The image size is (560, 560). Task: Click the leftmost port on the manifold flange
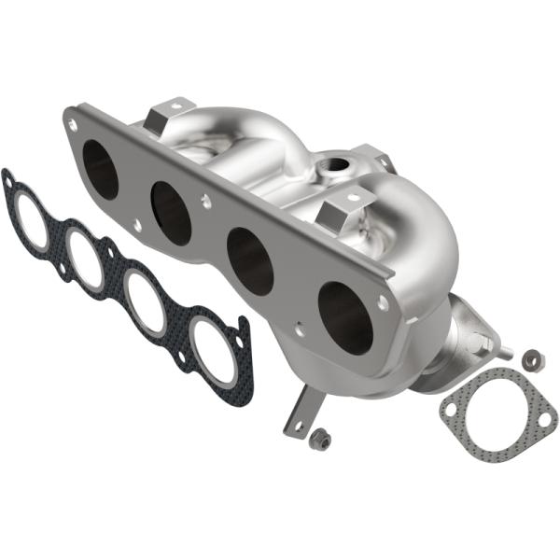coord(100,169)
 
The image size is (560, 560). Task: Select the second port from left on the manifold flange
coord(171,213)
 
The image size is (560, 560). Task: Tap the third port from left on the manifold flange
coord(250,261)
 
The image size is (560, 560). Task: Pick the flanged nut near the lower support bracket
coord(320,436)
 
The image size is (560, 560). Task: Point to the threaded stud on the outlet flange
coord(503,353)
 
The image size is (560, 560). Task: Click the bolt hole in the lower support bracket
coord(299,425)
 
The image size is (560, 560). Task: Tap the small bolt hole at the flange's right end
coord(384,303)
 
